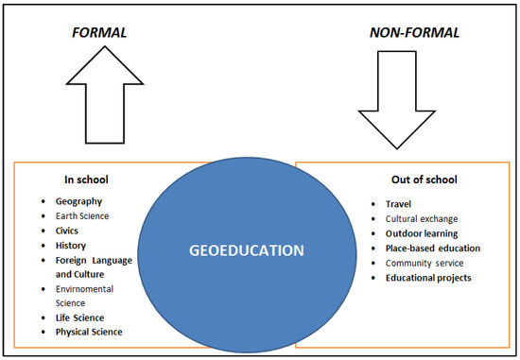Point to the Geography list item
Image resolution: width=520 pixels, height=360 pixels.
[78, 201]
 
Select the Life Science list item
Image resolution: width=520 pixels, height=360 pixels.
[79, 317]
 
